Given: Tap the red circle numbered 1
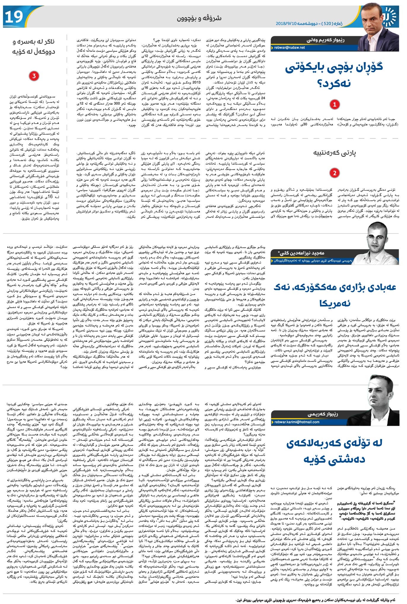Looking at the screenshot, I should tap(335, 104).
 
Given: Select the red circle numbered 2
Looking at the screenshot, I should tap(335, 173).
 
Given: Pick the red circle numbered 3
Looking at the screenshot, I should tap(34, 76).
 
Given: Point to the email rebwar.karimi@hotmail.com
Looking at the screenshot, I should tap(297, 422).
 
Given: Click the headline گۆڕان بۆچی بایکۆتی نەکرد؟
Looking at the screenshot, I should tap(334, 75).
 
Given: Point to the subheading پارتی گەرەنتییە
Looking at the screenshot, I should tap(334, 153).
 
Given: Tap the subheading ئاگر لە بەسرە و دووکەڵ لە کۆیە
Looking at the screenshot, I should tap(34, 47).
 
